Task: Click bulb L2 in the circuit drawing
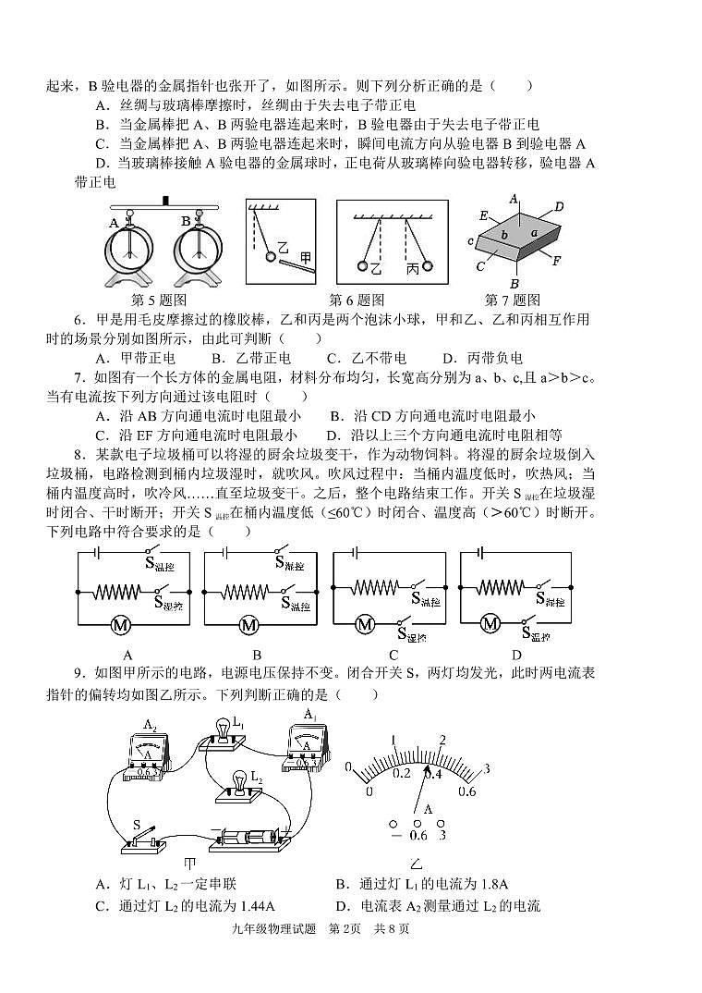238,782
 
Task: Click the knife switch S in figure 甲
144,839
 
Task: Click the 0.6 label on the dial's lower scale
467,791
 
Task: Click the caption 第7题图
512,300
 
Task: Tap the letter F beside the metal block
556,260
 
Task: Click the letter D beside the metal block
558,207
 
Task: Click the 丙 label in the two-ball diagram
413,268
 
